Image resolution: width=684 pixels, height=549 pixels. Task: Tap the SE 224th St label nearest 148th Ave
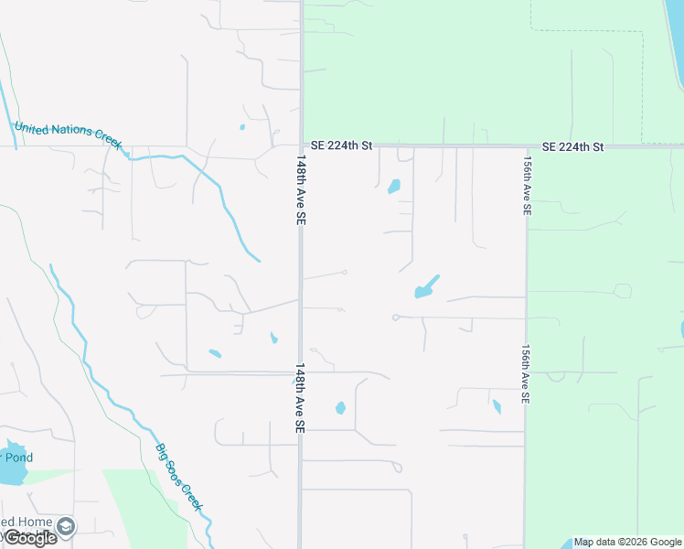click(x=342, y=145)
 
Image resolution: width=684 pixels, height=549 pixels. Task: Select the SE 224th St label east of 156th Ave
click(x=572, y=146)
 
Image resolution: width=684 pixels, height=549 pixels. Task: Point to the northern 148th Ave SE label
click(x=300, y=189)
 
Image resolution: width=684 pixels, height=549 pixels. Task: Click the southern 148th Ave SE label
click(x=299, y=398)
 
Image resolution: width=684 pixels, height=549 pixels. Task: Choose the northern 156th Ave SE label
click(x=527, y=184)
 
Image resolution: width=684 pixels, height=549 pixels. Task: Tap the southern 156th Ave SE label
click(x=526, y=374)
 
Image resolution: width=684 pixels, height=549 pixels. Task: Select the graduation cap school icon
click(x=66, y=527)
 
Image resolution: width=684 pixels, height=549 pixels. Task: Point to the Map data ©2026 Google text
click(x=627, y=542)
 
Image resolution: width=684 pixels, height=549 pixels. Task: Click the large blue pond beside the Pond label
click(x=11, y=471)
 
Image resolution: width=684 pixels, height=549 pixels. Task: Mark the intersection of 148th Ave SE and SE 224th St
click(x=301, y=145)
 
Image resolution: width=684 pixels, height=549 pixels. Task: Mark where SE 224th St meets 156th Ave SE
click(x=527, y=146)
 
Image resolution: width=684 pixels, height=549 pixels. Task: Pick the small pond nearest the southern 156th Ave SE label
click(x=497, y=406)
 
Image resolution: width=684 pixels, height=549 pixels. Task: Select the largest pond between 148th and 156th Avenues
click(x=426, y=287)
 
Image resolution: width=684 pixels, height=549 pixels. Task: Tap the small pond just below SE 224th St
click(x=394, y=187)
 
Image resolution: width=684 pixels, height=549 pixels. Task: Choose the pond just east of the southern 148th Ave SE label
click(x=340, y=408)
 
